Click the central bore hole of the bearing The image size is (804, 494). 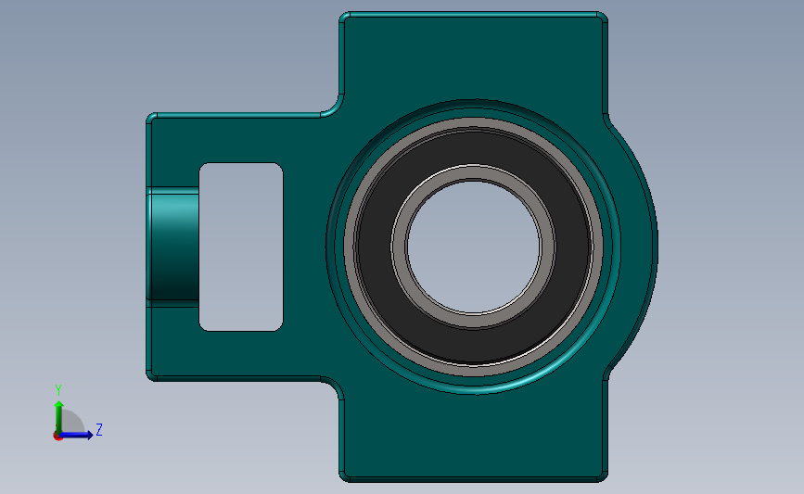coord(474,246)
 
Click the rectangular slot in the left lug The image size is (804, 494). coord(241,247)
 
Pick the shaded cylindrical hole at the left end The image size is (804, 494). coord(172,246)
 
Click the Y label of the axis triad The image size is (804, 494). coord(58,389)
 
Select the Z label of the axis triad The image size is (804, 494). coord(98,430)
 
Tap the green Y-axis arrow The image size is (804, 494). coord(58,413)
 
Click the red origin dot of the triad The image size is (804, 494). coord(57,436)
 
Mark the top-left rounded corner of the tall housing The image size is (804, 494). coord(345,18)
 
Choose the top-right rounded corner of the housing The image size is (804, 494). coord(603,18)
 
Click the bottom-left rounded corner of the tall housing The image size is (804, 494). coord(345,475)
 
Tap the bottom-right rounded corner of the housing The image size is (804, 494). coord(603,475)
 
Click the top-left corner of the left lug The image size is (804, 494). coord(152,119)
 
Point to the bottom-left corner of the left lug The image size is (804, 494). coord(152,374)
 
